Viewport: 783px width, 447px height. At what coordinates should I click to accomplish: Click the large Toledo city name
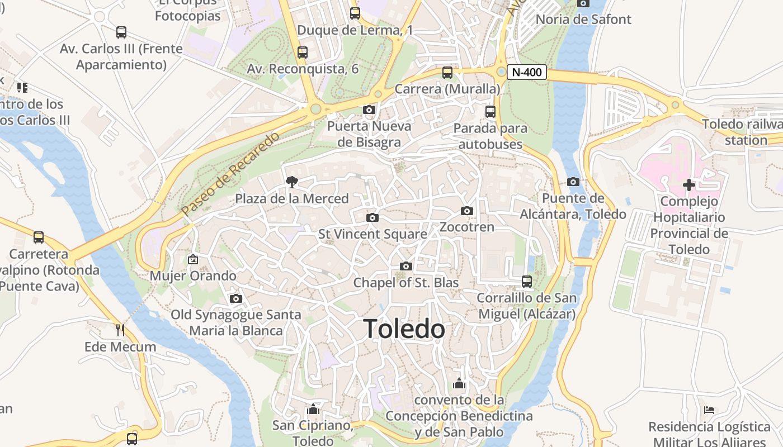404,329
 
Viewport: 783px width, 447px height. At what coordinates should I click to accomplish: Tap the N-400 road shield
527,72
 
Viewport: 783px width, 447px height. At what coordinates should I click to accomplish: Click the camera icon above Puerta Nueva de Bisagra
369,110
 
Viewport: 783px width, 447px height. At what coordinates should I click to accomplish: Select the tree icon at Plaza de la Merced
291,182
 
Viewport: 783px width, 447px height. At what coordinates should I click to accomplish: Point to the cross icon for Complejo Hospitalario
689,184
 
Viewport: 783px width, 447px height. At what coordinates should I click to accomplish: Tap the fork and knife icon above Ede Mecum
120,330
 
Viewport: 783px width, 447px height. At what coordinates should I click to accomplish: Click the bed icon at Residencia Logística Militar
709,410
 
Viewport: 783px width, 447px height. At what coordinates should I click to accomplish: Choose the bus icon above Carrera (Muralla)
447,72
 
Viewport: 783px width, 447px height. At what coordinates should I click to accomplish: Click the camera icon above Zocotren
467,211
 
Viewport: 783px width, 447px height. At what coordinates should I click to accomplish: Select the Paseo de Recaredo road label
230,174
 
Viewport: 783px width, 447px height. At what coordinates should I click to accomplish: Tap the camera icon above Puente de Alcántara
573,182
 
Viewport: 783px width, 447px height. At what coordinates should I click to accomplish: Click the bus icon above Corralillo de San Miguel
526,281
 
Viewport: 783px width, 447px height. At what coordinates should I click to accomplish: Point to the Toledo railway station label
743,132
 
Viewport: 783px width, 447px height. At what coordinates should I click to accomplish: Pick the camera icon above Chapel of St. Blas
406,266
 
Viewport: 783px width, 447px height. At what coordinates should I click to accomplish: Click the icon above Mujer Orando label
193,259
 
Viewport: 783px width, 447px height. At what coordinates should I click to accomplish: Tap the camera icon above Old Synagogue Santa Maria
236,298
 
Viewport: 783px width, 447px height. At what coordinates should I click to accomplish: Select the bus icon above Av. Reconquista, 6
303,53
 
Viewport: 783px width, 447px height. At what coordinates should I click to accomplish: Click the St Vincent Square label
372,234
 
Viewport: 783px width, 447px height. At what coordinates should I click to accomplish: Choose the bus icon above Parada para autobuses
490,111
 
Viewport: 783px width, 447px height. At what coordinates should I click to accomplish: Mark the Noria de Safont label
583,19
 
